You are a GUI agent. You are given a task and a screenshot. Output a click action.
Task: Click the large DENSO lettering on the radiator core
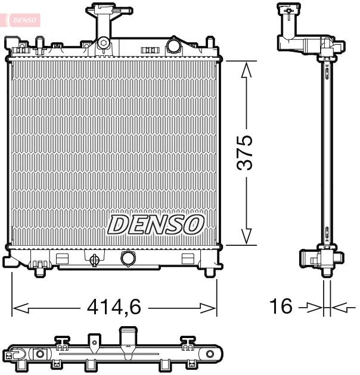[156, 224]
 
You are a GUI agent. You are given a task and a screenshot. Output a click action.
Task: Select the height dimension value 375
[246, 152]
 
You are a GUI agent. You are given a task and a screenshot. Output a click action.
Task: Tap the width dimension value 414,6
[114, 307]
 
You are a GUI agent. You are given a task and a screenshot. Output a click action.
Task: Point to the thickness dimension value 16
[281, 307]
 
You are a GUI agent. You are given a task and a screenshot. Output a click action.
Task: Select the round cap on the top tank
[174, 45]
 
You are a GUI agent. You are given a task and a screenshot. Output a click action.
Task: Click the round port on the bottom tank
[128, 258]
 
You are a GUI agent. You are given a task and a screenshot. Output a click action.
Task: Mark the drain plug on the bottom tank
[94, 259]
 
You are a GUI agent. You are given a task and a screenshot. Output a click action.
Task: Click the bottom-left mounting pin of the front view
[40, 271]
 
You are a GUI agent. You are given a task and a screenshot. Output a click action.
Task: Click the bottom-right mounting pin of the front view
[209, 271]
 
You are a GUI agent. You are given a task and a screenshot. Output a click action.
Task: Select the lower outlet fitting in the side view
[320, 260]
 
